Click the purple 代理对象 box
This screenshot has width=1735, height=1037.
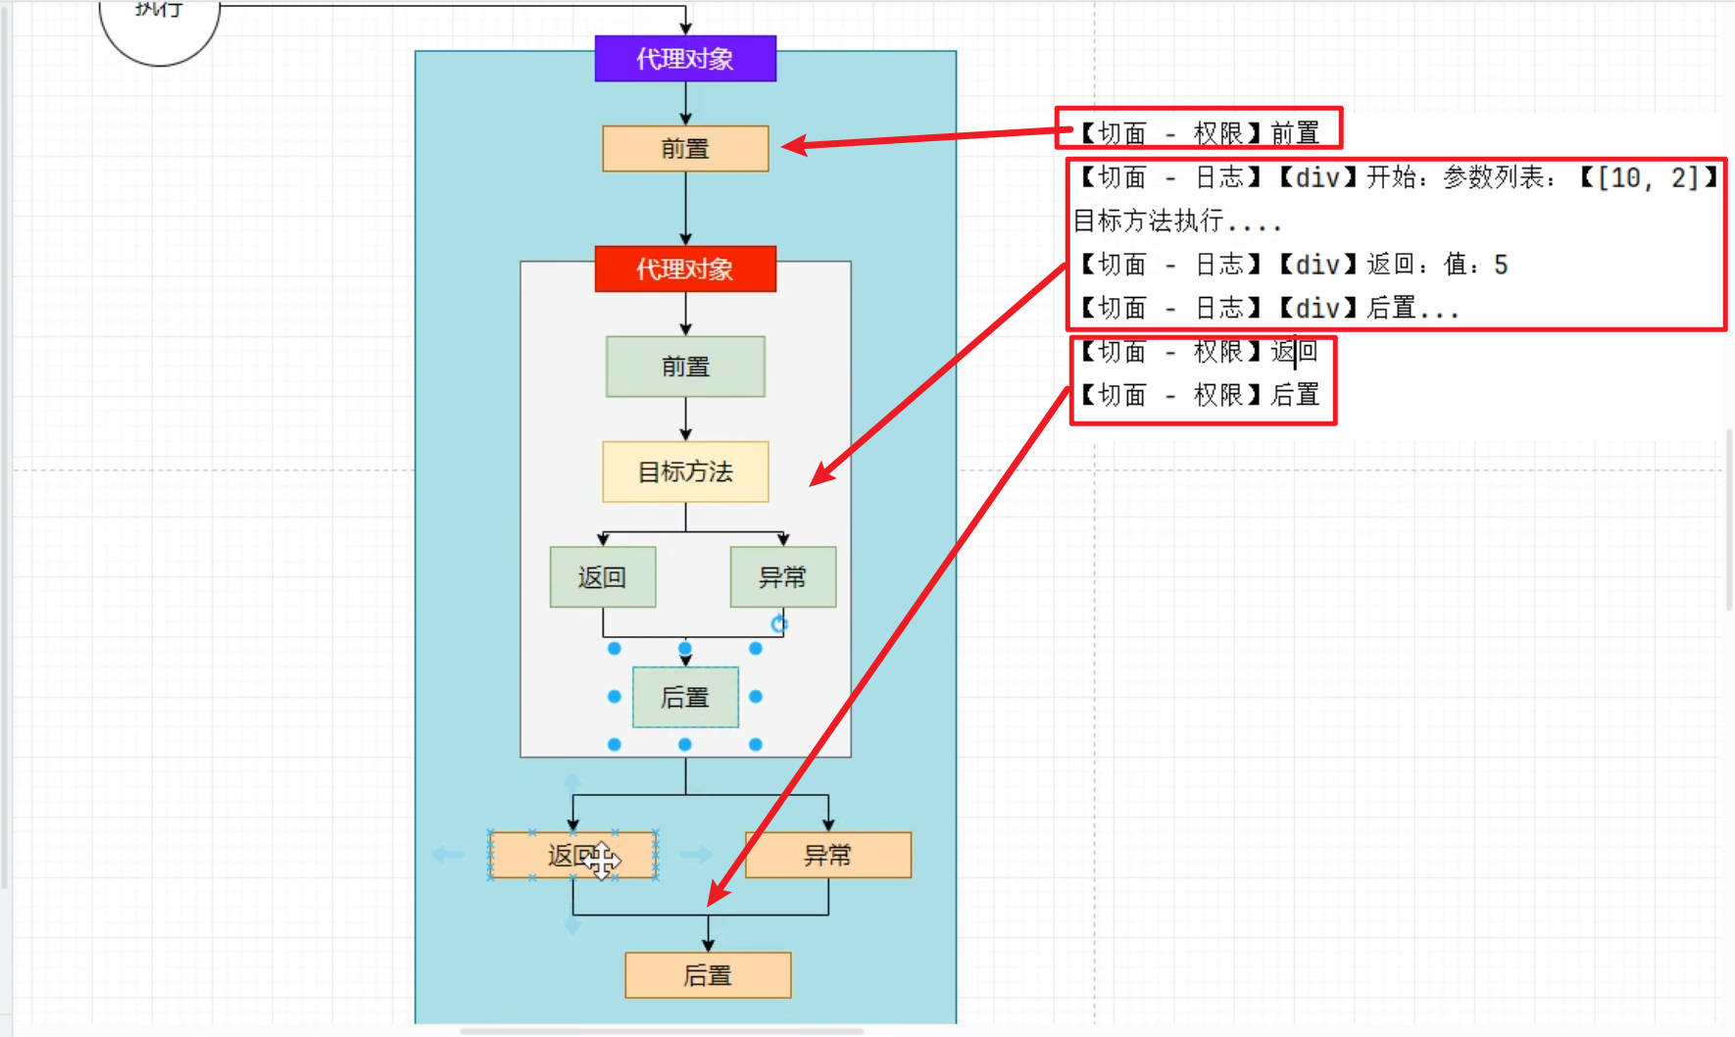pos(685,59)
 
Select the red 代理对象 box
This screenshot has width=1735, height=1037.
pos(685,270)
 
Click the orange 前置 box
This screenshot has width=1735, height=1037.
pos(685,149)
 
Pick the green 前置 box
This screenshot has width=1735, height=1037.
pos(685,367)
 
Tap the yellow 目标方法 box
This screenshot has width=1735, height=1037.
pos(685,472)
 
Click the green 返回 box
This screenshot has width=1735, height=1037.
pos(602,577)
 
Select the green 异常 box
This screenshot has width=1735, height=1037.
pos(782,577)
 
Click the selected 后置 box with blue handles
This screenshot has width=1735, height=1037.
pos(685,698)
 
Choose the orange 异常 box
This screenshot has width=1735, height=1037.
pos(828,856)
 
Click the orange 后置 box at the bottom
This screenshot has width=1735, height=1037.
pos(708,976)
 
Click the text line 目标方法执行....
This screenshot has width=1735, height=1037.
pos(1176,222)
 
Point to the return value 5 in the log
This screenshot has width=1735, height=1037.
pos(1501,265)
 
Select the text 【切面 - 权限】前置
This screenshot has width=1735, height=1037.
pos(1198,133)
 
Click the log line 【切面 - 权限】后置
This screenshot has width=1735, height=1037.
pos(1198,395)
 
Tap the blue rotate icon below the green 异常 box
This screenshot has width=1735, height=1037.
pos(779,623)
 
